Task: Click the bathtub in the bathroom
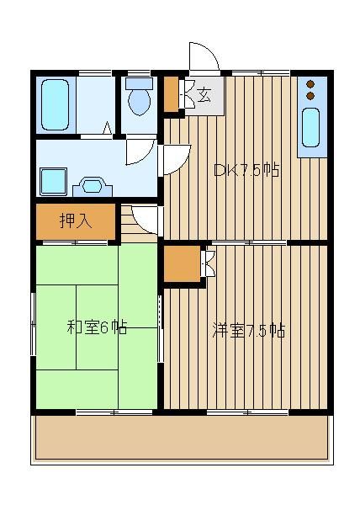56,104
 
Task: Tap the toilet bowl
139,102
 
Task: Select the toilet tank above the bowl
139,83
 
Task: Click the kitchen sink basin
310,128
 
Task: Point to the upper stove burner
310,84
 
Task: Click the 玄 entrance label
204,95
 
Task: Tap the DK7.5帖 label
246,170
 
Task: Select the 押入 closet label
77,221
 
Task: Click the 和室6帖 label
97,327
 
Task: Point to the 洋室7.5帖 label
249,330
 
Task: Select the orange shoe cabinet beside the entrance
171,94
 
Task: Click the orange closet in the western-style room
182,263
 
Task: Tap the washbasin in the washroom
93,186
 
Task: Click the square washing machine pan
53,181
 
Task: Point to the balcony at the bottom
182,438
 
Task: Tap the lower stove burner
310,96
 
